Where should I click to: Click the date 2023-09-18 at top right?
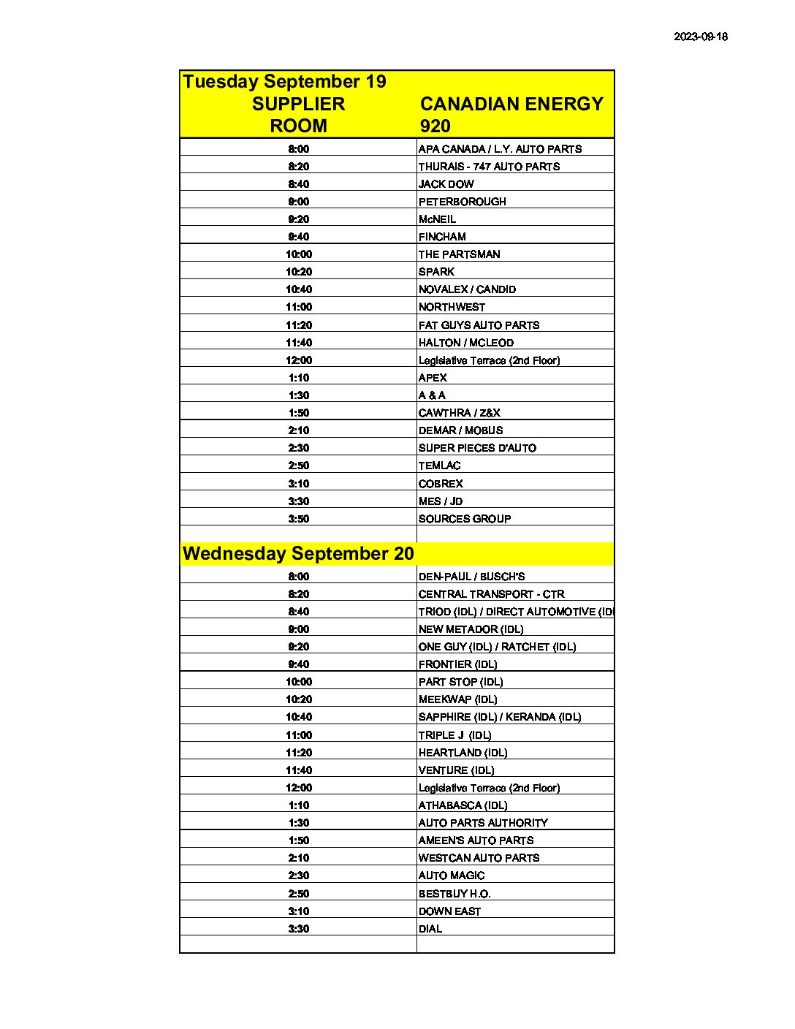(x=700, y=37)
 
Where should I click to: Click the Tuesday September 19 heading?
(x=284, y=81)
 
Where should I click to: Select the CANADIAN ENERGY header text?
(x=511, y=104)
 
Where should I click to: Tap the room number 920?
(x=435, y=126)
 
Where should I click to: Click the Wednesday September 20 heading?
(x=298, y=553)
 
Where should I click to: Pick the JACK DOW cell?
(x=446, y=184)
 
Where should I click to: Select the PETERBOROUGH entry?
(x=462, y=202)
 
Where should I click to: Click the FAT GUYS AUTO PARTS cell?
(x=479, y=325)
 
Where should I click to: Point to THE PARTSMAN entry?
(x=459, y=254)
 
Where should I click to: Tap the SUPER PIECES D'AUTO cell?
(x=477, y=448)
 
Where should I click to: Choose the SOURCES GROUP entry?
(x=464, y=519)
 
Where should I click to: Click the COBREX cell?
(x=441, y=484)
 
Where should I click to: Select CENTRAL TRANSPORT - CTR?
(x=491, y=594)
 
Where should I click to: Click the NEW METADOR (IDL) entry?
(x=471, y=629)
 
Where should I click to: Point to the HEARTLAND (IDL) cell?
(x=463, y=753)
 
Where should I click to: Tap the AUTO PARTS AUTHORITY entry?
(x=483, y=823)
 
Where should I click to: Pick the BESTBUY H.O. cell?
(x=454, y=894)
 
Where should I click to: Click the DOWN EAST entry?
(x=449, y=911)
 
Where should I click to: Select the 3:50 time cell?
(x=298, y=519)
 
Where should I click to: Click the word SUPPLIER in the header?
(x=298, y=104)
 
